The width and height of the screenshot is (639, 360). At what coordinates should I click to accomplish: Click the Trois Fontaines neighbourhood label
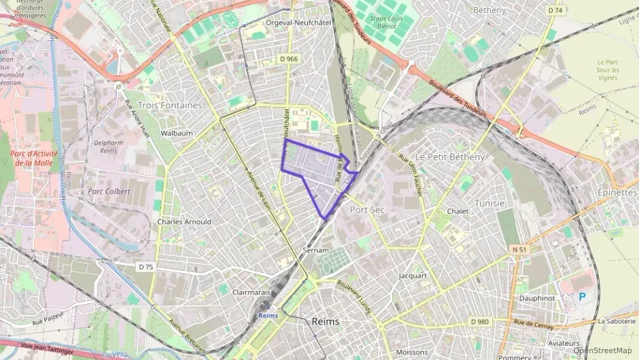click(169, 105)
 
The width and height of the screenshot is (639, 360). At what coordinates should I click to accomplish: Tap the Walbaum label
click(176, 133)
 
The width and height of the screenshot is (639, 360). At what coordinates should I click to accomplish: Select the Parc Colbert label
click(109, 191)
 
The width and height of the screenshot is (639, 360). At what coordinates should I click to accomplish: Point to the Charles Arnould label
click(184, 222)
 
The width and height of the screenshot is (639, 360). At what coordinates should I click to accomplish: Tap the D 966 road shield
click(289, 59)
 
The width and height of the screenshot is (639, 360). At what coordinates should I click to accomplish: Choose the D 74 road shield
click(555, 10)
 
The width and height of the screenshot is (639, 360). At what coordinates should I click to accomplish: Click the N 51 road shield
click(520, 250)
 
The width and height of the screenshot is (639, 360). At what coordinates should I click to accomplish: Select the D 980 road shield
click(480, 322)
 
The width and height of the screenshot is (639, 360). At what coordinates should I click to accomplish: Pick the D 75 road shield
click(145, 266)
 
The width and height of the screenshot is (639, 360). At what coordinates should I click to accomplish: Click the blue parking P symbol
click(582, 296)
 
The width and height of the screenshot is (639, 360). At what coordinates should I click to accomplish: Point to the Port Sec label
click(367, 209)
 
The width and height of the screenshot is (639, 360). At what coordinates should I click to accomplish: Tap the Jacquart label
click(412, 276)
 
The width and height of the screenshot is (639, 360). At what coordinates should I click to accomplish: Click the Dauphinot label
click(536, 298)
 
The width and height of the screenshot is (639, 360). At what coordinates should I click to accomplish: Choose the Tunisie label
click(489, 204)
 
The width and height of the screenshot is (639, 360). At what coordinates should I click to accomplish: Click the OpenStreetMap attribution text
click(602, 350)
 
